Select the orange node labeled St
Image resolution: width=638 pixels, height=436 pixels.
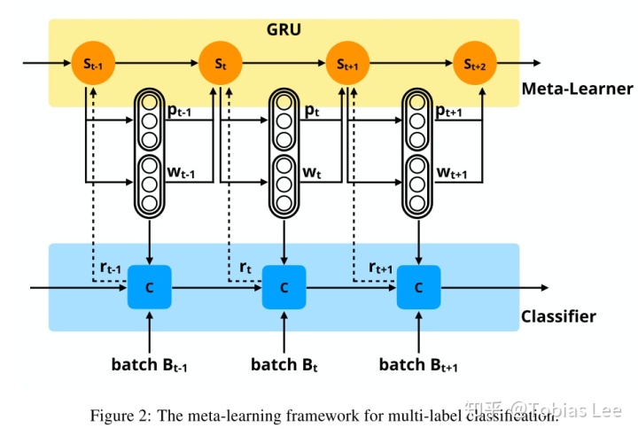220,63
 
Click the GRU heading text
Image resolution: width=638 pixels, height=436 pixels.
284,29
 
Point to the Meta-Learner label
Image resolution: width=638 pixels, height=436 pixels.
577,89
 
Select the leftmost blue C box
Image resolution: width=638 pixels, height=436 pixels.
149,287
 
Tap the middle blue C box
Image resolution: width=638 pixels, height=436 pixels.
284,287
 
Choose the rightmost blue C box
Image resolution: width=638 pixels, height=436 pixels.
419,287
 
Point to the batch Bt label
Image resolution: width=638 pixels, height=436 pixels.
284,364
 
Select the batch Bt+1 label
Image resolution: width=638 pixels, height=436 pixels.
418,364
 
